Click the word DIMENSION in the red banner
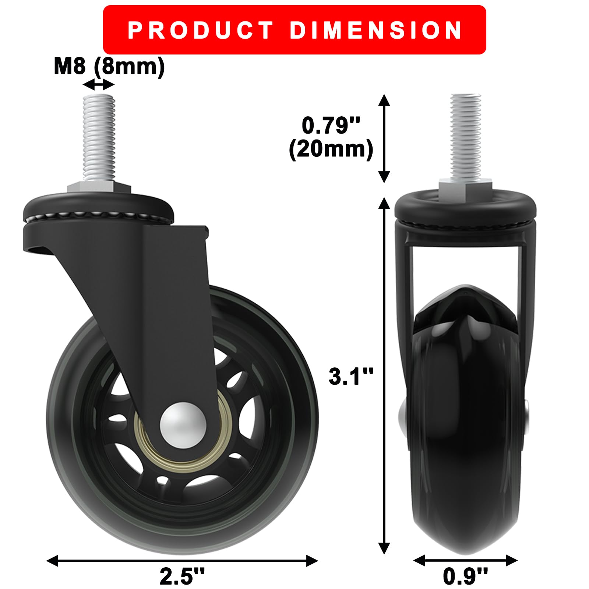tap(376, 30)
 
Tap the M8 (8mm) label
tap(109, 67)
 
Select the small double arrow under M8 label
tap(99, 86)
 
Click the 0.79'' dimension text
tap(330, 125)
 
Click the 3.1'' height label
tap(351, 376)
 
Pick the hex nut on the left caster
tap(99, 187)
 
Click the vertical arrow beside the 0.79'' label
tap(384, 138)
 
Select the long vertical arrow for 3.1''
tap(384, 375)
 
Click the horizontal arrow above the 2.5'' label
tap(182, 561)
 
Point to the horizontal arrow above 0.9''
tap(465, 561)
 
